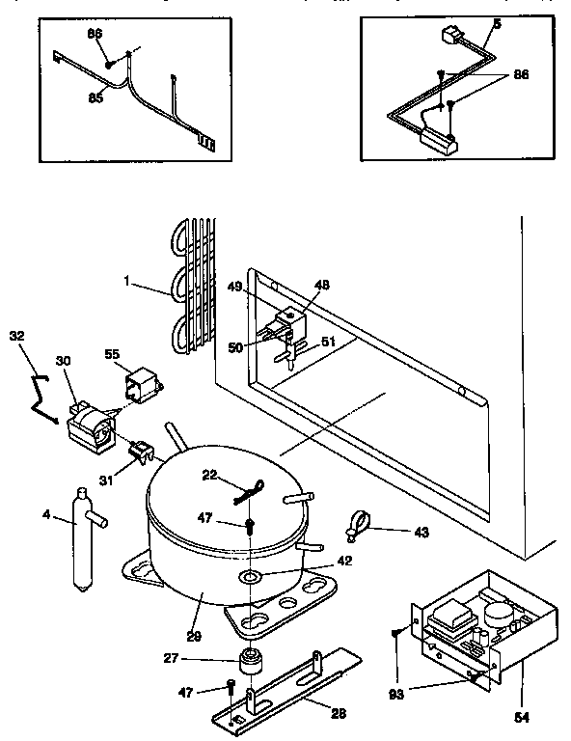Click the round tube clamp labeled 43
pyautogui.click(x=354, y=525)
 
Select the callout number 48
pyautogui.click(x=320, y=285)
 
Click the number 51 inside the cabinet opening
pyautogui.click(x=328, y=340)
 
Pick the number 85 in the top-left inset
pyautogui.click(x=95, y=96)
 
